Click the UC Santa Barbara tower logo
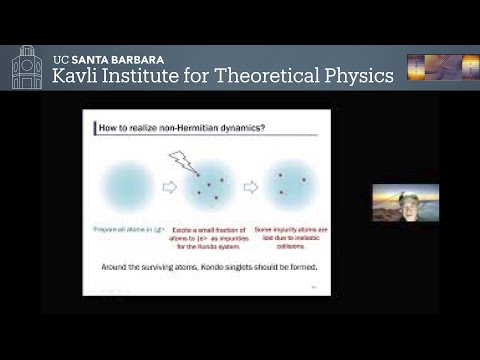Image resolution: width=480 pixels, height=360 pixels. pyautogui.click(x=26, y=68)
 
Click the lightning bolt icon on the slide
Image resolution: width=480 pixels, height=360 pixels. pyautogui.click(x=186, y=159)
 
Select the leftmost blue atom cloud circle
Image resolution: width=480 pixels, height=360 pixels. pyautogui.click(x=128, y=186)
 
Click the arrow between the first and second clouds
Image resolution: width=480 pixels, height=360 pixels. pyautogui.click(x=168, y=186)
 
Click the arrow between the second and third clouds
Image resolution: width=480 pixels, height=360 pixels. pyautogui.click(x=250, y=186)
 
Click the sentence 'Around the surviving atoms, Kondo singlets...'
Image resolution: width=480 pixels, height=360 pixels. pyautogui.click(x=207, y=267)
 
